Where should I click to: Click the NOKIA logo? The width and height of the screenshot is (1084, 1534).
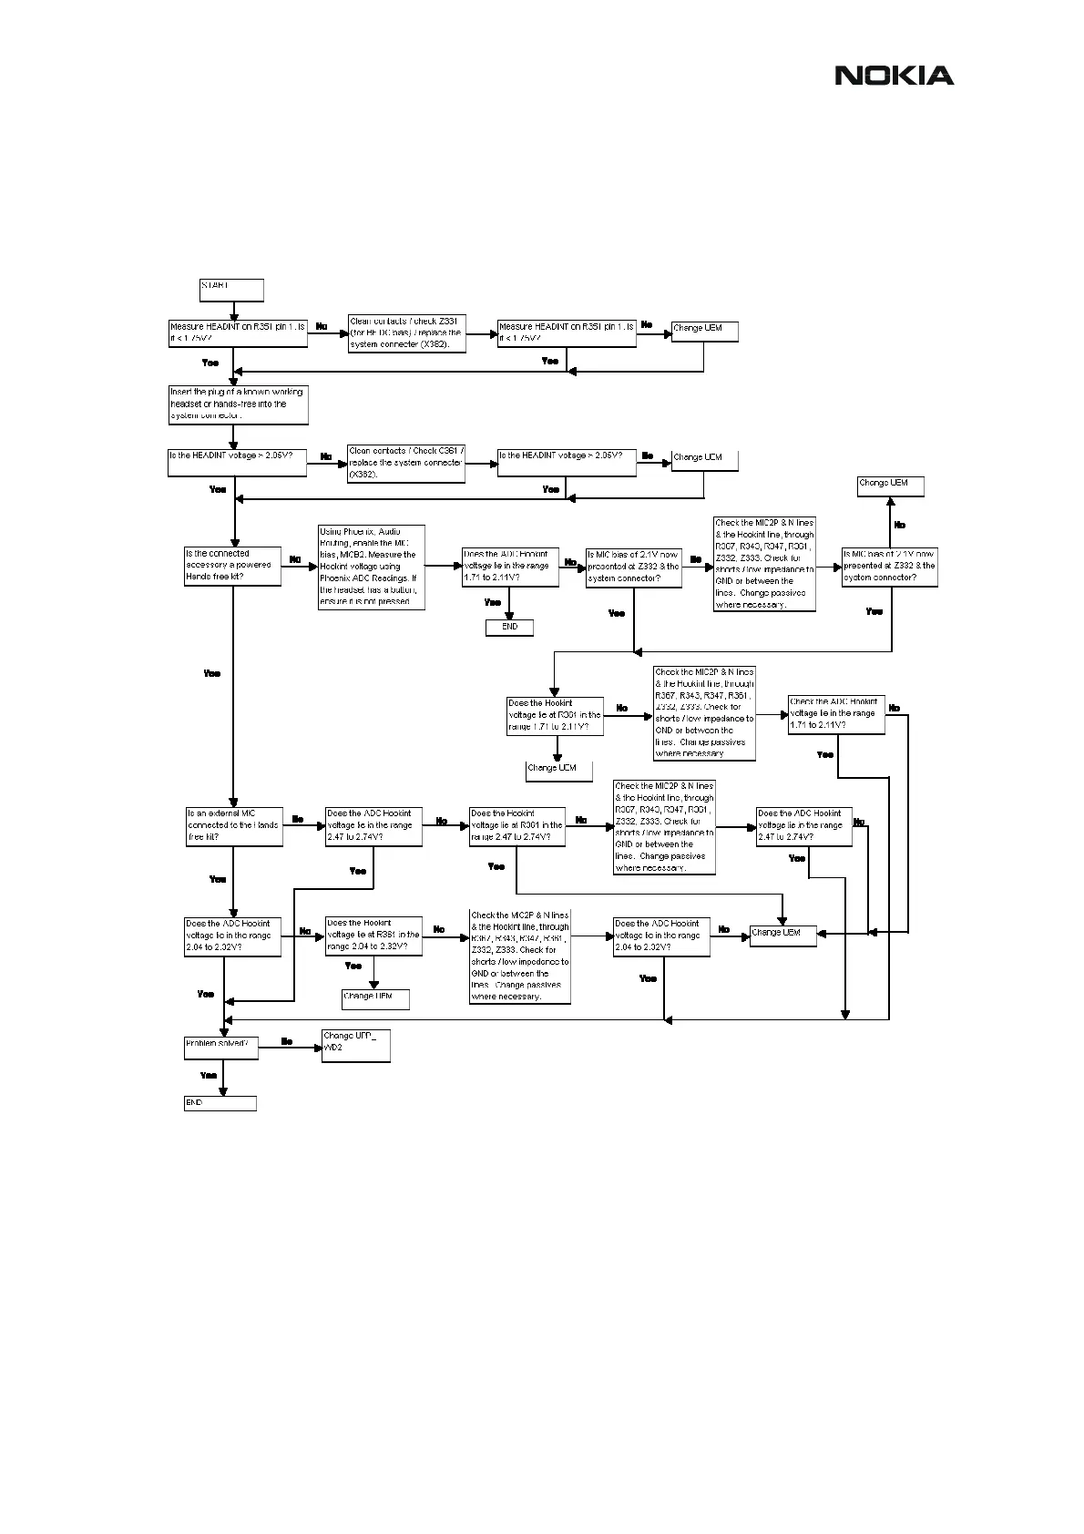pos(895,76)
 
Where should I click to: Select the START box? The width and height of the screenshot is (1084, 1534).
pos(231,290)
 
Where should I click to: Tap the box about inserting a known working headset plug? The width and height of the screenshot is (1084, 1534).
pos(239,404)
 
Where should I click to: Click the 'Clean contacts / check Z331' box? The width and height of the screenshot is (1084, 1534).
pos(407,333)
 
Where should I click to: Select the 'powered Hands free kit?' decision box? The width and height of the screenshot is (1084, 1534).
pos(232,566)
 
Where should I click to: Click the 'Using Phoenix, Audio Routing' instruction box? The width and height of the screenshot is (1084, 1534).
pos(372,567)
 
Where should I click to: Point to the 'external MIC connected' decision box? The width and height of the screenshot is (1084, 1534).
pos(232,825)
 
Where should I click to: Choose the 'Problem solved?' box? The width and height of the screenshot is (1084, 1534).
pos(220,1048)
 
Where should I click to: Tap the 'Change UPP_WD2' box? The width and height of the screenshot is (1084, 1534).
pos(356,1046)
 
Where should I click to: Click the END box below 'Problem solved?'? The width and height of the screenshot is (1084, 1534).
pos(220,1103)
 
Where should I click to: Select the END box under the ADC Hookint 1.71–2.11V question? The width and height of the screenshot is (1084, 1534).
pos(509,627)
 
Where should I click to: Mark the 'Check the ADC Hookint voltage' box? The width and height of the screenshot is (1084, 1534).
pos(836,714)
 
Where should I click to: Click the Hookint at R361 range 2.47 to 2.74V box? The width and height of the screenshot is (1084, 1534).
pos(516,825)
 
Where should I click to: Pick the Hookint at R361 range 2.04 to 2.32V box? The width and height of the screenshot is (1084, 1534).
pos(373,936)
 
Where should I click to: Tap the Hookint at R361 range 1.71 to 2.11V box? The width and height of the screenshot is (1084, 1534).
pos(555,716)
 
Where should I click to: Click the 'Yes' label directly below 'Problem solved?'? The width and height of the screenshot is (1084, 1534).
pos(209,1076)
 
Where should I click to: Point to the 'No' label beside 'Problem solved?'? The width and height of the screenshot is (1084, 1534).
pos(287,1041)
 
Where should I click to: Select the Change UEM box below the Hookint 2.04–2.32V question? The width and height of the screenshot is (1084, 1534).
pos(375,998)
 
